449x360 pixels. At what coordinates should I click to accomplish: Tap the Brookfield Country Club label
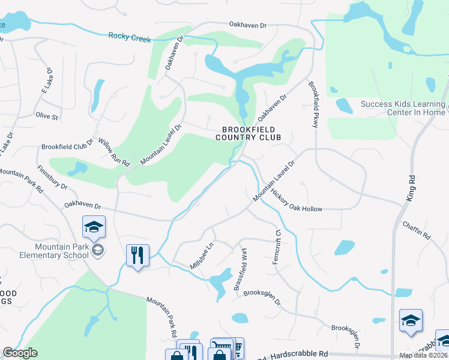pos(249,133)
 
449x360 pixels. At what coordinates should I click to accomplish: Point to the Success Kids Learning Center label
pos(403,108)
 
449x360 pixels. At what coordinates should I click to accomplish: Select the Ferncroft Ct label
pos(277,249)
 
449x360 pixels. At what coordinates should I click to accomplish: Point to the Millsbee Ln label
pos(202,256)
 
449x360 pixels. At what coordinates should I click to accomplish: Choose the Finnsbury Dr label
pos(52,178)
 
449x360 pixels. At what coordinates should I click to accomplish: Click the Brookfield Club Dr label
pos(67,146)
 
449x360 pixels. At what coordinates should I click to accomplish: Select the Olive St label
pos(46,116)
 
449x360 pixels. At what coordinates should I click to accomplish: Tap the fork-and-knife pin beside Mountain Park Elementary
pos(138,256)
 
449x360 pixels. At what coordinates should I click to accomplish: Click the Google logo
pos(20,353)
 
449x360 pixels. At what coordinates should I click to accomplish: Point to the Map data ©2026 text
pos(424,355)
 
